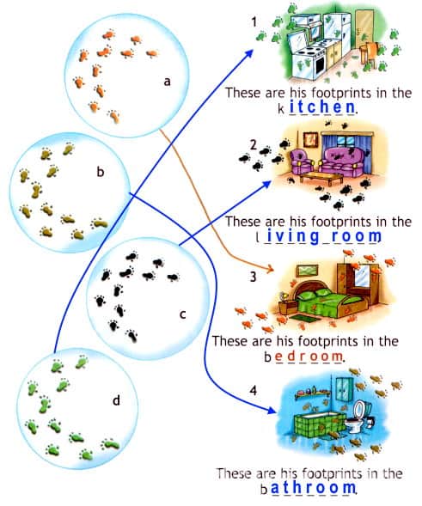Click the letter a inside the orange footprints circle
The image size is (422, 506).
pyautogui.click(x=167, y=82)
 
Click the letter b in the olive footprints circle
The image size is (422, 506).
pyautogui.click(x=101, y=172)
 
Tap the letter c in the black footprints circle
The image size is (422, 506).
pyautogui.click(x=182, y=314)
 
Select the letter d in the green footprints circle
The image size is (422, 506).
pyautogui.click(x=116, y=400)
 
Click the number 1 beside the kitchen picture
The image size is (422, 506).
pyautogui.click(x=254, y=22)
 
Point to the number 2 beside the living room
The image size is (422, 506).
pyautogui.click(x=254, y=145)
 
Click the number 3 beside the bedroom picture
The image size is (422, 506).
pyautogui.click(x=254, y=277)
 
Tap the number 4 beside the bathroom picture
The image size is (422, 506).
pyautogui.click(x=254, y=391)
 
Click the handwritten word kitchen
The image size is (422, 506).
pyautogui.click(x=317, y=107)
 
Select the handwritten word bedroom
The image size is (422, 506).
pyautogui.click(x=303, y=357)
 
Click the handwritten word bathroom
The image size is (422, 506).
pyautogui.click(x=309, y=488)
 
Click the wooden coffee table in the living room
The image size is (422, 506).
pyautogui.click(x=322, y=178)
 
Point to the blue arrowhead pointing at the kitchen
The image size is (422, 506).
pyautogui.click(x=248, y=54)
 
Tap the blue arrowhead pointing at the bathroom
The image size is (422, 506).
pyautogui.click(x=272, y=410)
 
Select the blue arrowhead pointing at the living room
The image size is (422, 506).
pyautogui.click(x=266, y=185)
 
